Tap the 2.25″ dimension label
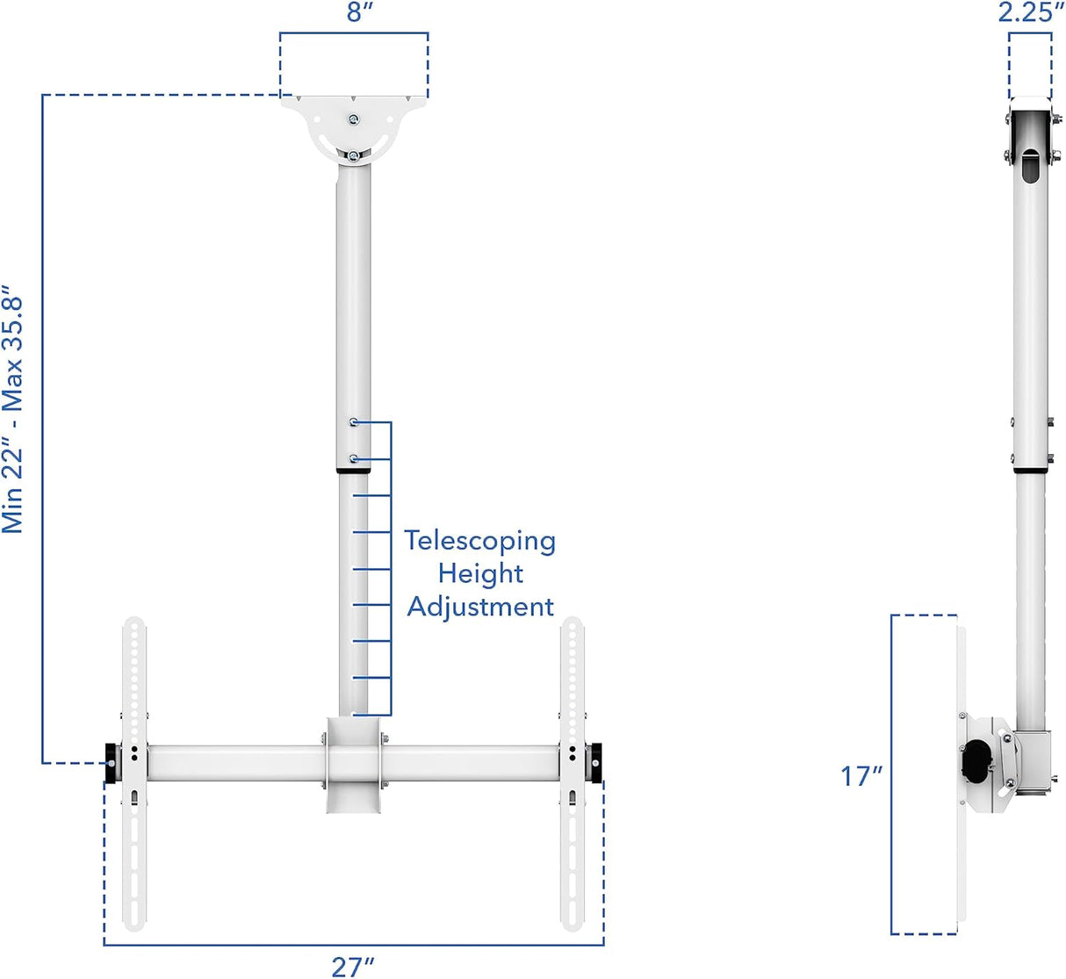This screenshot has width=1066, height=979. pyautogui.click(x=1031, y=12)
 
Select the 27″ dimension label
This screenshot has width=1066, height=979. pyautogui.click(x=353, y=966)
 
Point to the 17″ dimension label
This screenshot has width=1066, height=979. pyautogui.click(x=861, y=776)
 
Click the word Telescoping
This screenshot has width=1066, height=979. pyautogui.click(x=479, y=541)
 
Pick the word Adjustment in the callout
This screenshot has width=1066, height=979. pyautogui.click(x=480, y=607)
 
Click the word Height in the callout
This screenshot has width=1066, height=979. pyautogui.click(x=480, y=573)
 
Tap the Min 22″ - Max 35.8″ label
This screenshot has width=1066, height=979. pyautogui.click(x=13, y=408)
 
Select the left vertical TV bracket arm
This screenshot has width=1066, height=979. pyautogui.click(x=133, y=773)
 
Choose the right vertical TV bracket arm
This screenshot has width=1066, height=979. pyautogui.click(x=572, y=773)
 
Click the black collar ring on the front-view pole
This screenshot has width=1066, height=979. pyautogui.click(x=352, y=472)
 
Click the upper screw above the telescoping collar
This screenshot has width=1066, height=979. pyautogui.click(x=353, y=422)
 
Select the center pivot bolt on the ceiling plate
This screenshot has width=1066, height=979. pyautogui.click(x=352, y=120)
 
